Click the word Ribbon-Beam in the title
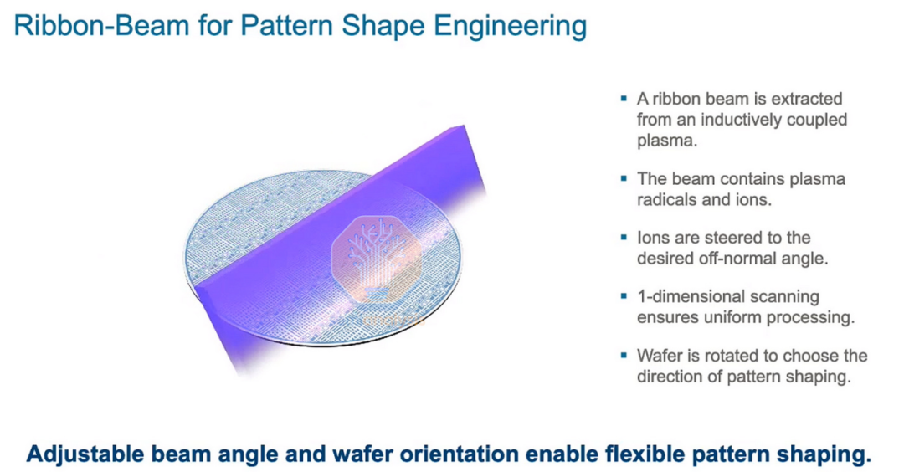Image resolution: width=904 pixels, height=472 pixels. [x=101, y=26]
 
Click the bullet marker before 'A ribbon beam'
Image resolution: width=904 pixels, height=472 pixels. [x=624, y=99]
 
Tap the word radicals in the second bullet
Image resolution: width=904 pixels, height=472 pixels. [x=670, y=199]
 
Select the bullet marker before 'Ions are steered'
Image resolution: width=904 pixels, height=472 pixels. [x=624, y=237]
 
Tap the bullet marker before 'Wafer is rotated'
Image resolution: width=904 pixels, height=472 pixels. [x=624, y=355]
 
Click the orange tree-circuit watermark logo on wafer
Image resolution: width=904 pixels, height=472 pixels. [x=376, y=259]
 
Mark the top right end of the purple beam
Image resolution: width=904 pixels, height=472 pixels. [x=464, y=125]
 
